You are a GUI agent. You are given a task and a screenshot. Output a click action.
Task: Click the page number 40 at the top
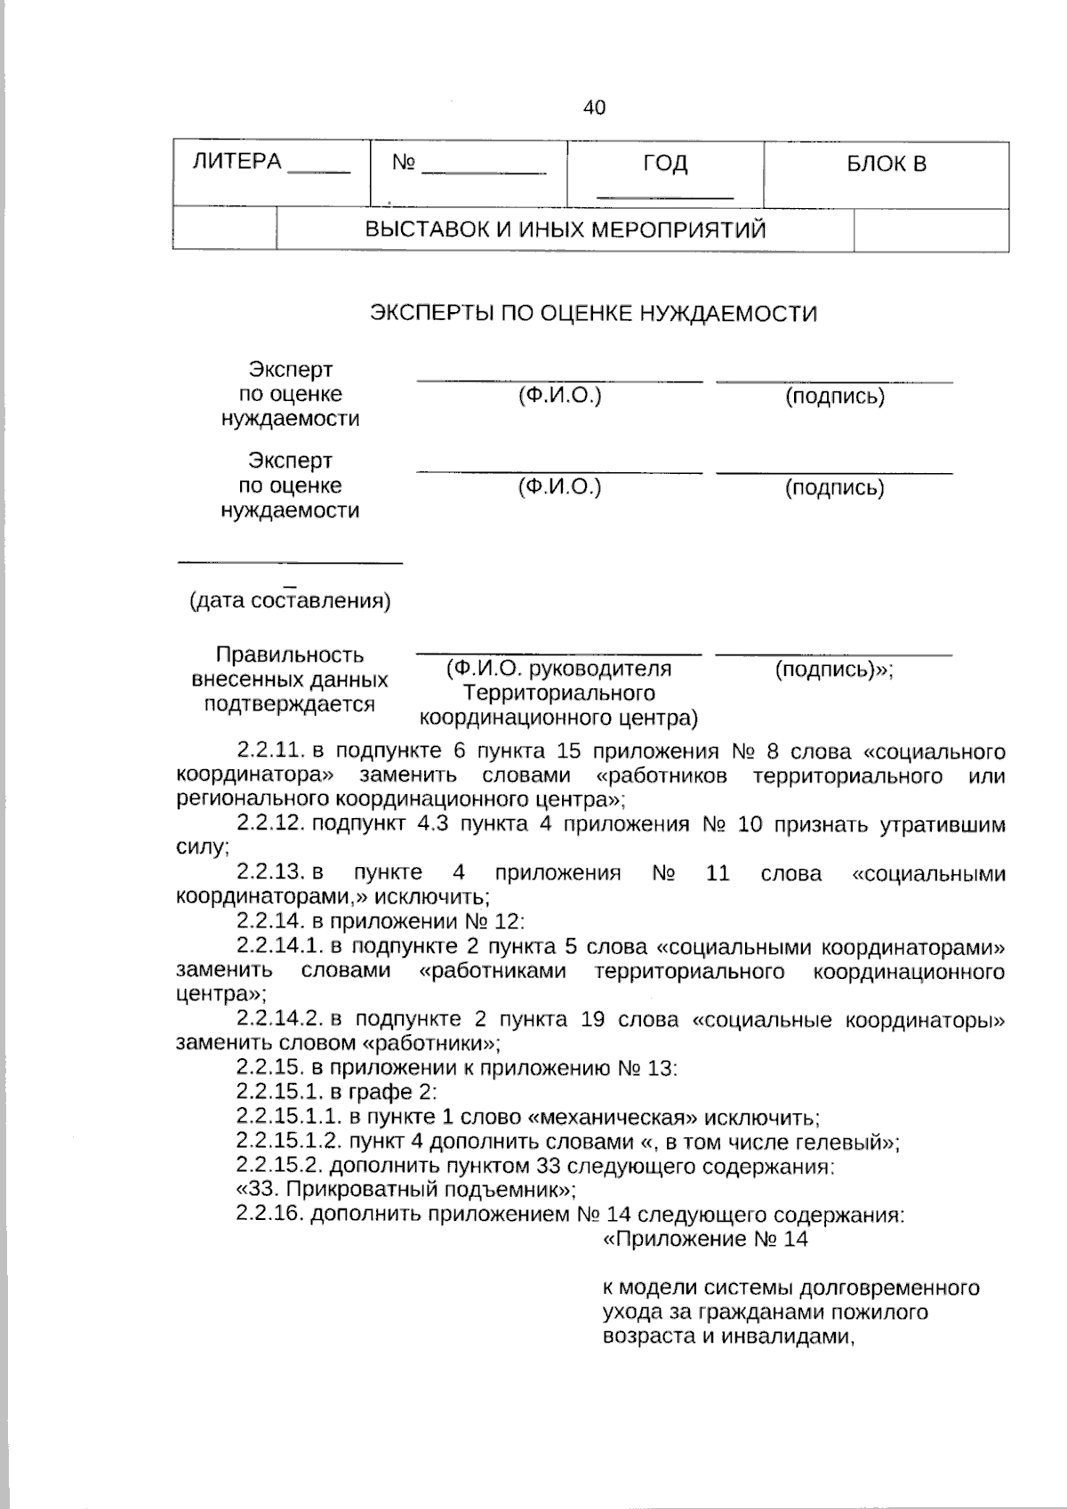tap(594, 108)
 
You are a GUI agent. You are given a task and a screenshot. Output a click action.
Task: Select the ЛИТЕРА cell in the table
tap(237, 162)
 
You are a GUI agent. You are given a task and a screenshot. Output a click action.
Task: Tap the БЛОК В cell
tap(886, 164)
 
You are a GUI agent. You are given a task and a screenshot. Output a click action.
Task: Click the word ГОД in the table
tap(665, 164)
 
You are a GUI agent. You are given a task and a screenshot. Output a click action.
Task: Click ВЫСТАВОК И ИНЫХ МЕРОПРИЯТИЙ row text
tap(566, 230)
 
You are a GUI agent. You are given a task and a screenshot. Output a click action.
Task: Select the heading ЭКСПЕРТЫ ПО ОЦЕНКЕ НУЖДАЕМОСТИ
tap(593, 314)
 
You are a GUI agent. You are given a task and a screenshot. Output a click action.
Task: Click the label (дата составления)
tap(290, 601)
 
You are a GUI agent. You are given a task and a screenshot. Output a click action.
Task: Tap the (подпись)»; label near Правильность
tap(833, 670)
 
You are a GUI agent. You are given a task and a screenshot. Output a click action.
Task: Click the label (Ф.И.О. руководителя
tap(558, 669)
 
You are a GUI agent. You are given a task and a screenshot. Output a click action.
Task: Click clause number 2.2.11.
tap(272, 752)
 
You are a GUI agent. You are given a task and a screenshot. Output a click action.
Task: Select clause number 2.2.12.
tap(272, 824)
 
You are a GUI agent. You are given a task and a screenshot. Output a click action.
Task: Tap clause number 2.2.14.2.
tap(281, 1019)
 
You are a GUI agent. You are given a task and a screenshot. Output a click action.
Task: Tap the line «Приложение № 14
tap(705, 1239)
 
